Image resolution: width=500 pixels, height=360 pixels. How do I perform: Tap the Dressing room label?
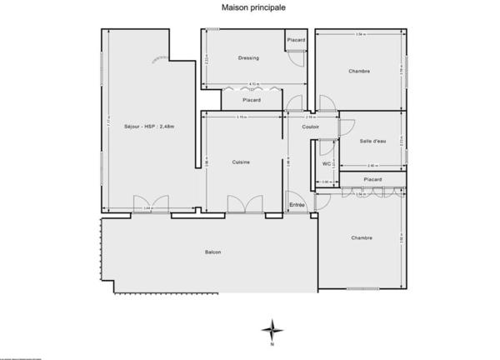(x=248, y=57)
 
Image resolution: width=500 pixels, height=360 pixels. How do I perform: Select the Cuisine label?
(x=242, y=162)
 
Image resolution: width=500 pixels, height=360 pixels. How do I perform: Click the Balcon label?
(x=213, y=252)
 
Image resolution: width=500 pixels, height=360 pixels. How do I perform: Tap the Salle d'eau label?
(x=372, y=142)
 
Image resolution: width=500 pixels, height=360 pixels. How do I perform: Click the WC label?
(x=327, y=163)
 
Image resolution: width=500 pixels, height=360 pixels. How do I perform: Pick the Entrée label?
(x=297, y=205)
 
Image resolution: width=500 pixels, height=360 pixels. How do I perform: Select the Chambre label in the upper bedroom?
(x=359, y=71)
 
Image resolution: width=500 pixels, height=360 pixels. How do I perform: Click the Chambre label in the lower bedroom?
(x=361, y=237)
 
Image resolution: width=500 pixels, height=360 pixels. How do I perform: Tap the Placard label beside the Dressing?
(x=296, y=41)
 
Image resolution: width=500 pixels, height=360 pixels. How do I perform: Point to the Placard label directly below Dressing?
(x=252, y=100)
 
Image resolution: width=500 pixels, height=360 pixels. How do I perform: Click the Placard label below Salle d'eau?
(x=372, y=179)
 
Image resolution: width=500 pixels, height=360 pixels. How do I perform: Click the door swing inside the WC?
(x=323, y=148)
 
